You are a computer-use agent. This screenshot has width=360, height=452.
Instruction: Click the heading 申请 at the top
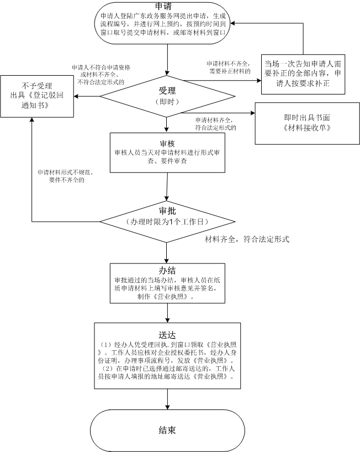click(166, 6)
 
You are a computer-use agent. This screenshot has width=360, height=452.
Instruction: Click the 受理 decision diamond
click(166, 94)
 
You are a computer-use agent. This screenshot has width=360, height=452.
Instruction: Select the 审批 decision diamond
click(166, 220)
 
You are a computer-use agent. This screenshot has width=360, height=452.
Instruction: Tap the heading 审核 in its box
click(167, 143)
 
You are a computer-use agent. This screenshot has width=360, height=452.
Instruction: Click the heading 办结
click(166, 270)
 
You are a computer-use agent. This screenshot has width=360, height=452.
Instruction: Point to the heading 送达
click(167, 334)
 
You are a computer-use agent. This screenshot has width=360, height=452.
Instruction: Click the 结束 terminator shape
click(166, 429)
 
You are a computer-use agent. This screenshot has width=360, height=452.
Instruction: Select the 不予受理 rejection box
click(37, 96)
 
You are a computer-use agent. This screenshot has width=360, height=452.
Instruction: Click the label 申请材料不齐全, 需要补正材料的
click(229, 67)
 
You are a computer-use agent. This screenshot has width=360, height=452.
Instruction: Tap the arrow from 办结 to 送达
click(167, 312)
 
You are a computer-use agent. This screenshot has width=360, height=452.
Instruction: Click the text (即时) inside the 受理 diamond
click(166, 101)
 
